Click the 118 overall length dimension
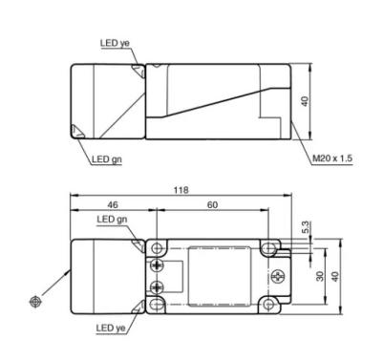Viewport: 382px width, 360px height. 180,190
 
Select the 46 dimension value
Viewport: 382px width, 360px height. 113,204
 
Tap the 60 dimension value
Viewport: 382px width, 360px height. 212,204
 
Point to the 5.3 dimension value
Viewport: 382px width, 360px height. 305,227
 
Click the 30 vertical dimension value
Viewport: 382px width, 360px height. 320,276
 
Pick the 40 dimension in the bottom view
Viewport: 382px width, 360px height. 334,276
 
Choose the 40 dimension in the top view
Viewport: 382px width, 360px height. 305,101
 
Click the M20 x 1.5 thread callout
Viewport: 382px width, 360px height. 332,158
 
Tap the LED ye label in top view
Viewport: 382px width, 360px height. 115,43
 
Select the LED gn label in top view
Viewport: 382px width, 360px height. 107,159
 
